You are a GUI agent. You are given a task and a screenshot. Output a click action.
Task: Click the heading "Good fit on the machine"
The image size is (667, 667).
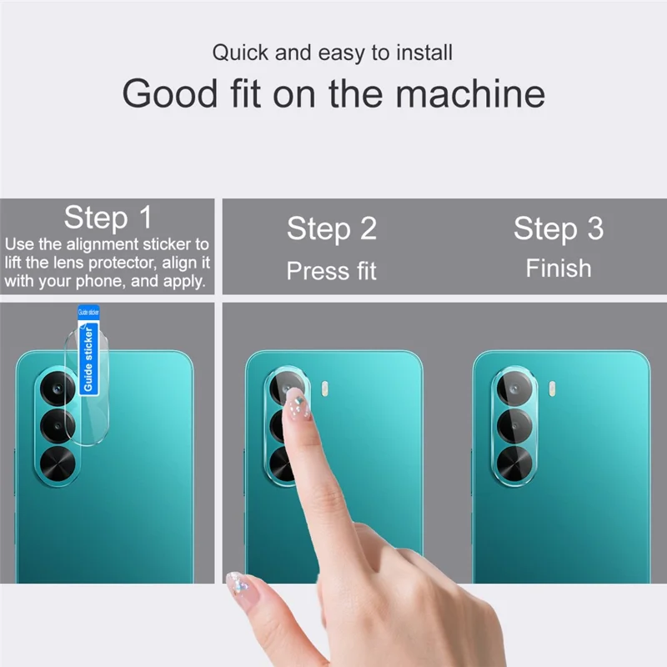[x=333, y=93]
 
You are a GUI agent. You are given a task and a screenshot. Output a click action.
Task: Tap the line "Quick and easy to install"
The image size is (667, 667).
[x=332, y=53]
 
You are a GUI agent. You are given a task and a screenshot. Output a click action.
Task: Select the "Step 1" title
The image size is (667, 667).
[x=108, y=218]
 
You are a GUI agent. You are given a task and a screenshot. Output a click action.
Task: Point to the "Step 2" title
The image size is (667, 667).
[x=332, y=228]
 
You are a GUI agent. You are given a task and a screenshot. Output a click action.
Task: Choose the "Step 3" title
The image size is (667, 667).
[x=558, y=228]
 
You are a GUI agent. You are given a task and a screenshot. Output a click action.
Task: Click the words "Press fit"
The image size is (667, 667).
[x=332, y=271]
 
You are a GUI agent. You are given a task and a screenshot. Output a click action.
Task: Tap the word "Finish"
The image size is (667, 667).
[x=558, y=268]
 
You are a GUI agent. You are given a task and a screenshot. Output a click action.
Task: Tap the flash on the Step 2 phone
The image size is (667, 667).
[x=325, y=388]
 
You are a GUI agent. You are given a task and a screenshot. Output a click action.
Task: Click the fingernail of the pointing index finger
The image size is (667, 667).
[x=295, y=406]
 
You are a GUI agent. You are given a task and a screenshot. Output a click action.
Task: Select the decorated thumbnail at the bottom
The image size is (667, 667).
[x=240, y=582]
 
